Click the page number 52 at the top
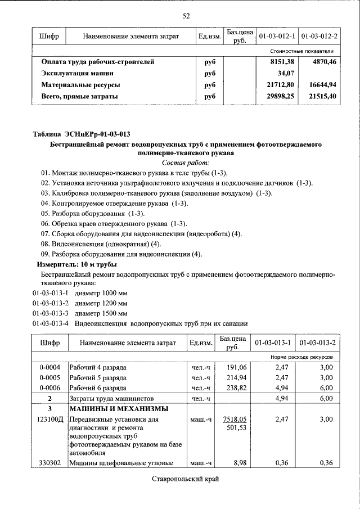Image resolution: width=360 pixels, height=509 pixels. [x=186, y=16]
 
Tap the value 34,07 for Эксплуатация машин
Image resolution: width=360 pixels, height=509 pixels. [x=286, y=73]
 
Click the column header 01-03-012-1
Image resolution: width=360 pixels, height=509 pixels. [x=277, y=37]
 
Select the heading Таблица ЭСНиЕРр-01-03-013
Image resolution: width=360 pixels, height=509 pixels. [x=82, y=134]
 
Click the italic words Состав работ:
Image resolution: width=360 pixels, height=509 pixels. [x=186, y=162]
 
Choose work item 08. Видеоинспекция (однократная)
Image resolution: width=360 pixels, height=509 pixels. [x=101, y=244]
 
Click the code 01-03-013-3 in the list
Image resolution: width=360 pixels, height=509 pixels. [x=51, y=313]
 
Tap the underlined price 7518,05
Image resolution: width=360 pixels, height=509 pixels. [x=235, y=419]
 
